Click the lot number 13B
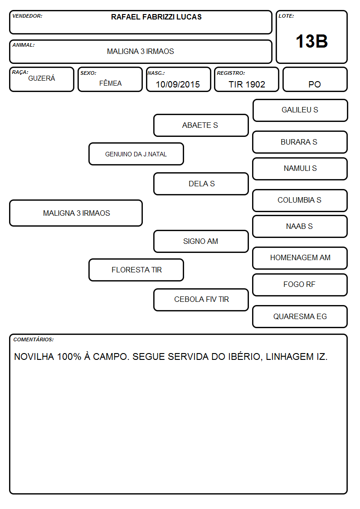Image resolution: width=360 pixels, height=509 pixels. tap(311, 41)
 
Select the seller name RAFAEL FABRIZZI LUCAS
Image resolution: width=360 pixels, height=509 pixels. tap(156, 17)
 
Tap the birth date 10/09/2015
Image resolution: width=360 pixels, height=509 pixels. tap(178, 84)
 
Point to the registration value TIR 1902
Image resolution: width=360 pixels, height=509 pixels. tap(247, 84)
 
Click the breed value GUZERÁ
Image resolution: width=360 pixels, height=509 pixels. tap(42, 78)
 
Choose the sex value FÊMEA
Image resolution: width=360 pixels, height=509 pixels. tap(110, 83)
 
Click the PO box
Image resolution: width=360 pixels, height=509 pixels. tap(315, 79)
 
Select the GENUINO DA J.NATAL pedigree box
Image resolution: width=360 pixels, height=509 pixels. tap(136, 154)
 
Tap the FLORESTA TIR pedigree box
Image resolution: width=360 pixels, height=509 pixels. tap(136, 270)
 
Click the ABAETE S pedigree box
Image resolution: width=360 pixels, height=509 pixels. tap(201, 125)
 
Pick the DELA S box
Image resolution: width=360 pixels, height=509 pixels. tap(201, 184)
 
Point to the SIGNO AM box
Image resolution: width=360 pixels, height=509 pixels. tap(201, 241)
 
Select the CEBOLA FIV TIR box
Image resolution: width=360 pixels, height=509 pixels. tap(201, 300)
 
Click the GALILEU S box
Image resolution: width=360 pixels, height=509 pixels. tap(300, 111)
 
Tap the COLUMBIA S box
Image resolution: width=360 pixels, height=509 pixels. tap(300, 200)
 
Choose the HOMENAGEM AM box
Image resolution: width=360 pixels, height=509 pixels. tap(300, 258)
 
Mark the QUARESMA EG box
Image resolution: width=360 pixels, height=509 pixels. tap(300, 316)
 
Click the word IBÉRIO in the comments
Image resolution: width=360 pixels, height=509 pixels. tap(245, 356)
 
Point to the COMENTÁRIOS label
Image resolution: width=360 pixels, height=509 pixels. tap(34, 339)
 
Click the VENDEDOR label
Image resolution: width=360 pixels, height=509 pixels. tap(27, 16)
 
